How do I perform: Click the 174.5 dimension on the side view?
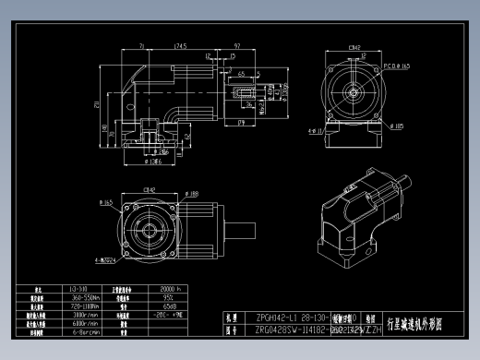tap(180, 44)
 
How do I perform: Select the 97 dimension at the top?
tap(237, 44)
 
